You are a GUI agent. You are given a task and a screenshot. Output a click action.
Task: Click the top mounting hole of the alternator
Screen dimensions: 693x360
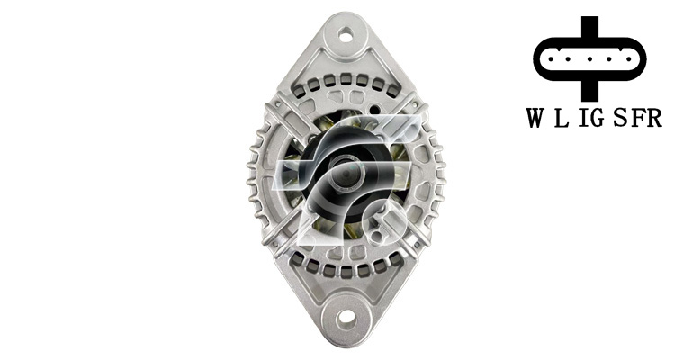pos(346,33)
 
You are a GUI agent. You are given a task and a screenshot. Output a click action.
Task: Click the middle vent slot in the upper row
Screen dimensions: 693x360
pos(346,80)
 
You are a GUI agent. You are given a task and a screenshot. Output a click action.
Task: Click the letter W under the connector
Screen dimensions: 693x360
pos(535,118)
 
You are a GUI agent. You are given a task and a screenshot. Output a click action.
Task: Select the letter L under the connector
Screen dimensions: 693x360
pos(561,118)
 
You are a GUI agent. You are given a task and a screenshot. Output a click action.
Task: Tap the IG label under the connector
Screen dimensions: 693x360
pos(591,118)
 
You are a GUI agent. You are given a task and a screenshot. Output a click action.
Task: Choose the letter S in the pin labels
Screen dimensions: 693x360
pos(621,118)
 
